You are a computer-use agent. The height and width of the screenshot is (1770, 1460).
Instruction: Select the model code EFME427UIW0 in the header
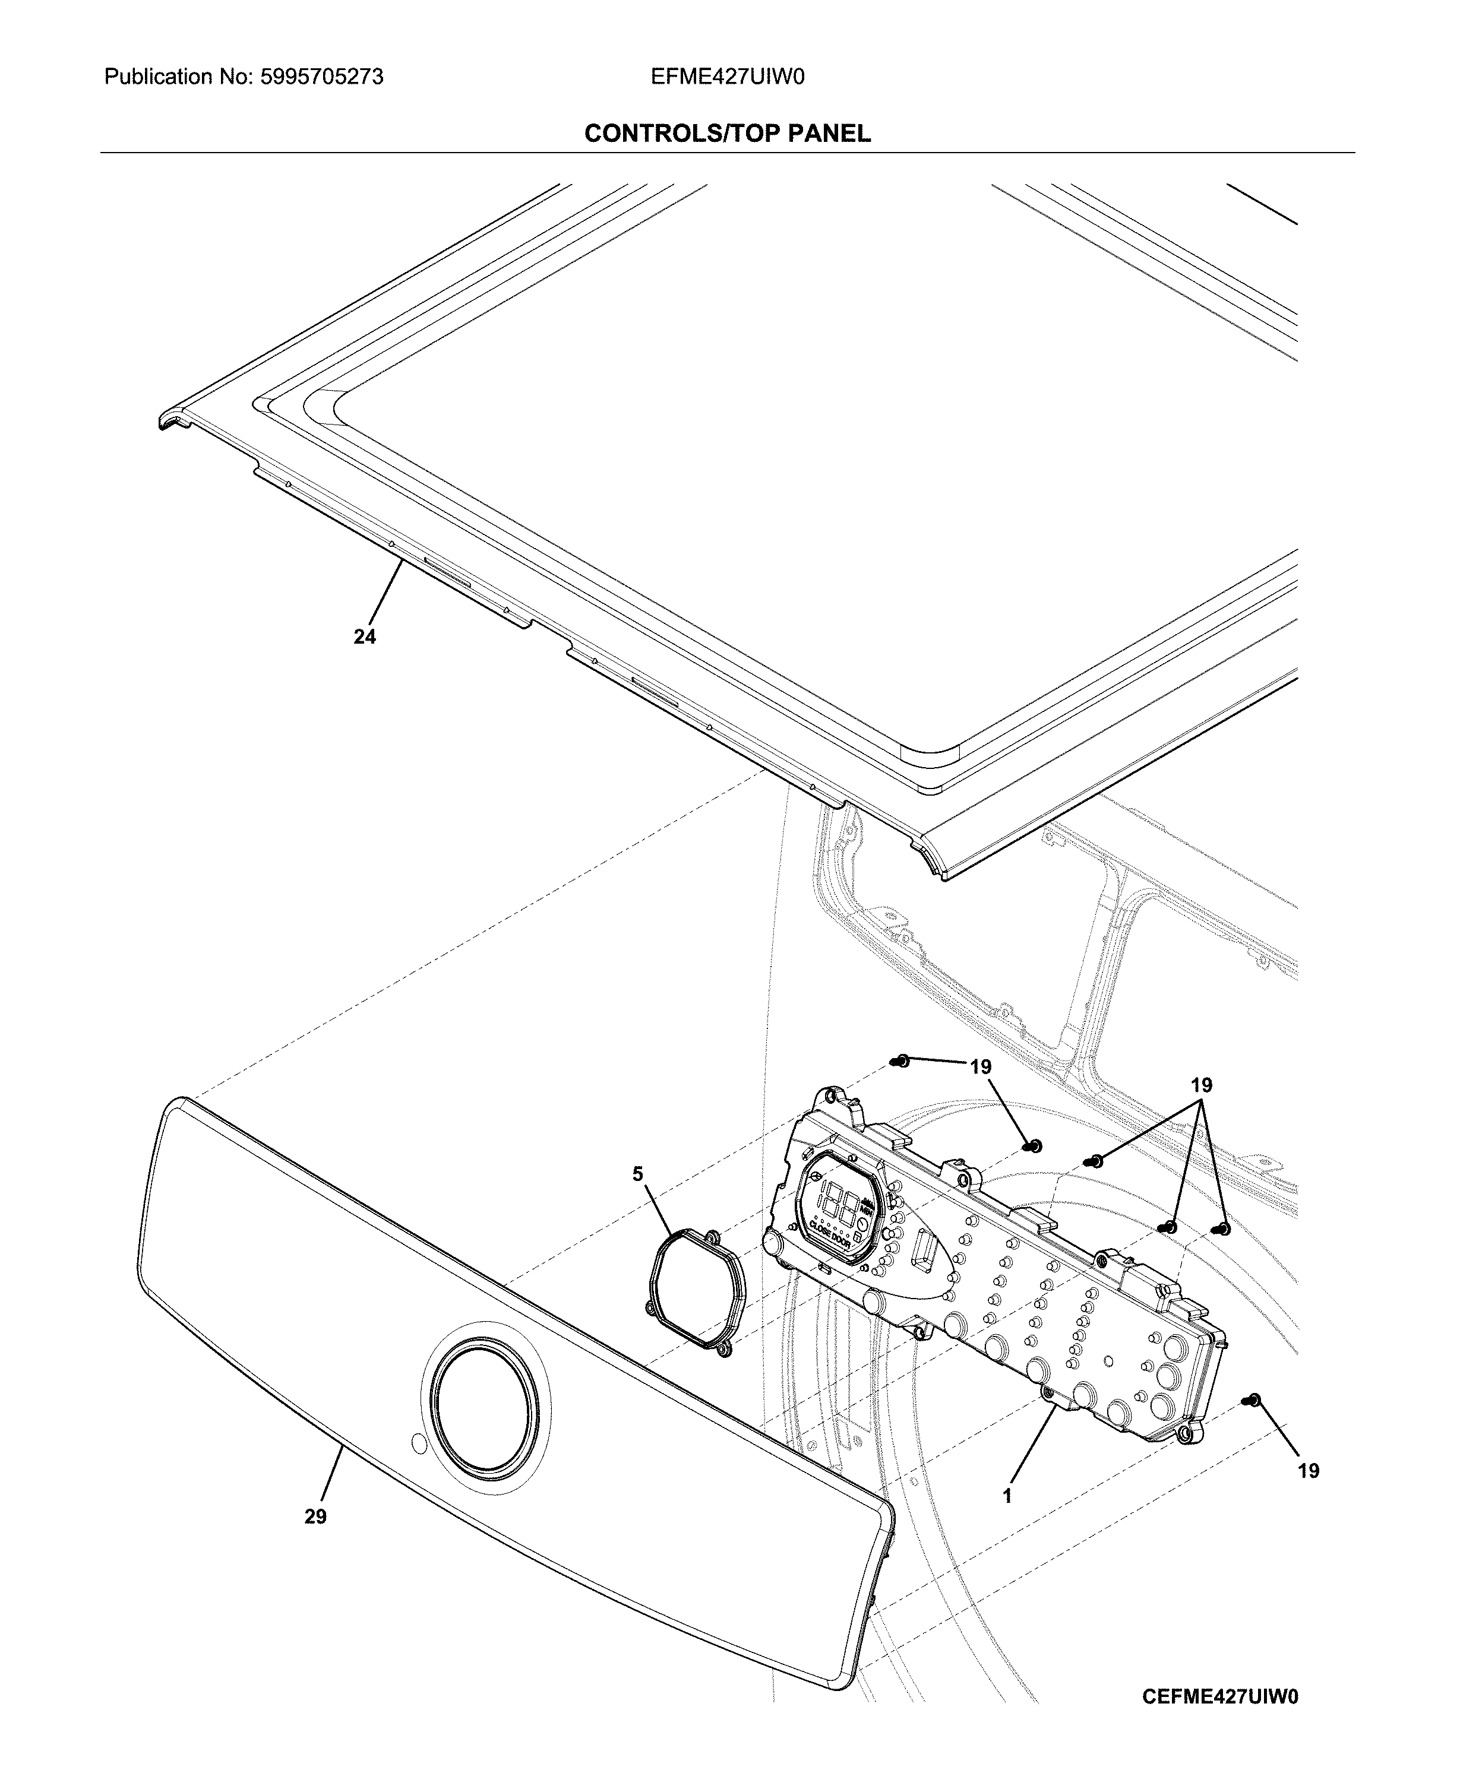tap(728, 77)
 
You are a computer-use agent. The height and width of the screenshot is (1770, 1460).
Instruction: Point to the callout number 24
tap(364, 637)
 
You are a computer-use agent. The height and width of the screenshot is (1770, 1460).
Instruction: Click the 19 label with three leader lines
tap(1201, 1085)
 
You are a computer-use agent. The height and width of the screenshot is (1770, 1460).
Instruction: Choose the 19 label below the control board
tap(1309, 1471)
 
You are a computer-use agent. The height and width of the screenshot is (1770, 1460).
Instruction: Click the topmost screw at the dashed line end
tap(900, 1060)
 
